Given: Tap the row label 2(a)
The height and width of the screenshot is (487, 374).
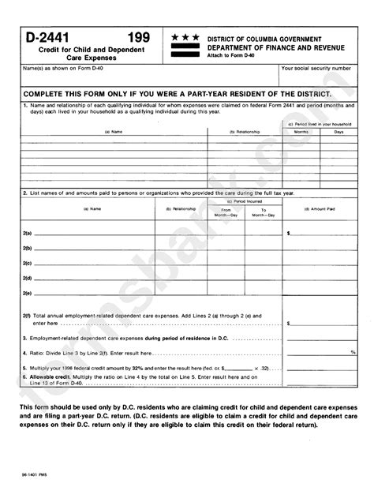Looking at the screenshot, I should pos(28,234).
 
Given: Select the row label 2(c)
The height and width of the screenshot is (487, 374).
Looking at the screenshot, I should pos(28,263).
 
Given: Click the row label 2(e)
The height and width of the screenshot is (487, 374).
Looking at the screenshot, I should pos(28,293).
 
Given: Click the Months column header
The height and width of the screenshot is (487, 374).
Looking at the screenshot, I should pos(301,132).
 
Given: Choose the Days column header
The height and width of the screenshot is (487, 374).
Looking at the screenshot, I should pos(338,132).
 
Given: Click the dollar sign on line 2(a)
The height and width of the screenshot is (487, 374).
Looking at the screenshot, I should pos(288,234).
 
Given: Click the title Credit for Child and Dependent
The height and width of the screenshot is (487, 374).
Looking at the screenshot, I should pos(83,50).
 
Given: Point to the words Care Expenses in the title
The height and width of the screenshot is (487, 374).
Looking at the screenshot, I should pos(83,58).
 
